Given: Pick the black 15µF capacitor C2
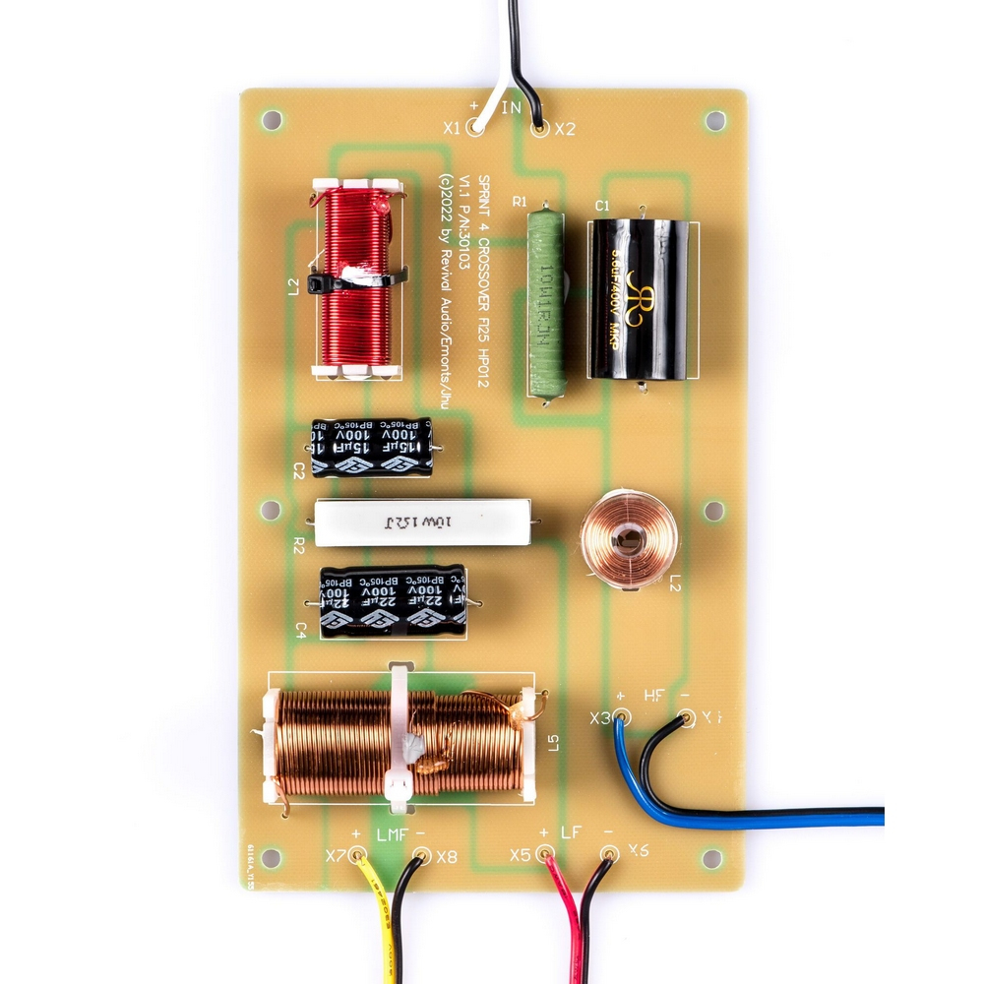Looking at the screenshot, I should coord(371,448).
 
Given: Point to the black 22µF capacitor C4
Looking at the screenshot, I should coord(392,599).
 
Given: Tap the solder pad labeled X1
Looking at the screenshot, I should coord(476,127).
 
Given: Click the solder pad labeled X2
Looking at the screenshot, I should coord(538,128).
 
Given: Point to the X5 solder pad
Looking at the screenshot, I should coord(547,855).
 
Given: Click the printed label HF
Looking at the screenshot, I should coord(653,697).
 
